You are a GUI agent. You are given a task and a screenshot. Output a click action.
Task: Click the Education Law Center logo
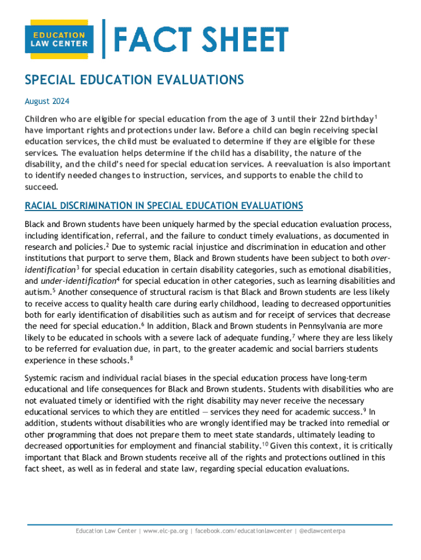click(x=57, y=40)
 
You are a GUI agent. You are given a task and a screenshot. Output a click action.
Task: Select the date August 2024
click(x=47, y=101)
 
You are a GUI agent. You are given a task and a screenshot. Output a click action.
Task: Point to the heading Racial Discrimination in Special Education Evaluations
click(x=164, y=206)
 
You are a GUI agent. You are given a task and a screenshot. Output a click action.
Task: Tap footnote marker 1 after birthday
click(x=376, y=117)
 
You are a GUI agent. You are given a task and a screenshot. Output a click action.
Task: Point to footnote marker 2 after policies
click(x=107, y=245)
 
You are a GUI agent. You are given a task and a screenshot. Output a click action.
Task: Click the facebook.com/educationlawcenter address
click(x=244, y=531)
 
